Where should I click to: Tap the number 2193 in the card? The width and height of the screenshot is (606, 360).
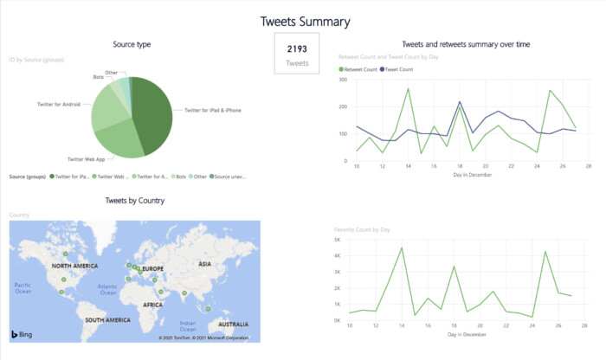297,48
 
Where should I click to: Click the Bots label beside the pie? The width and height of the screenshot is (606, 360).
99,77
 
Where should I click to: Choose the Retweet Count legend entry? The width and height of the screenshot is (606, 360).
358,68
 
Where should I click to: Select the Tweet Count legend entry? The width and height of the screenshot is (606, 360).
396,68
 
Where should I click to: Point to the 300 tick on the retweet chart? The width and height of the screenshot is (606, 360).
343,80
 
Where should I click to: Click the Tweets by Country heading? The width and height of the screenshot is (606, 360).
135,201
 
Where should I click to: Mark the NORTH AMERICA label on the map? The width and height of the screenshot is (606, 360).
74,266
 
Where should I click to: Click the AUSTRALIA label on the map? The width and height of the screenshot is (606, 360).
234,324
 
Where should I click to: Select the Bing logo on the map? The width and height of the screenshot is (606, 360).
22,333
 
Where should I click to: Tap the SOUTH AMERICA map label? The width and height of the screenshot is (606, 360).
107,319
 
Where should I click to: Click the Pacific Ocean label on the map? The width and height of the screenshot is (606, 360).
23,286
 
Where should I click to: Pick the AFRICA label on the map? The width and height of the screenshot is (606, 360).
153,305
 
